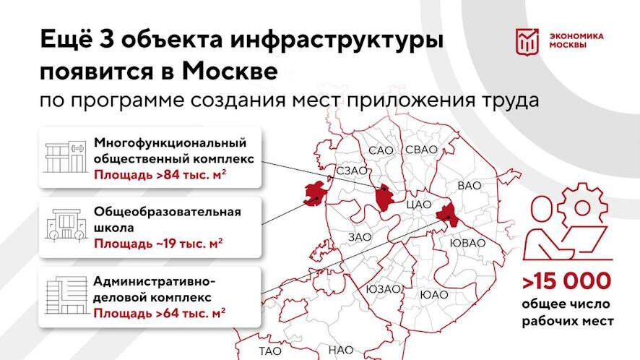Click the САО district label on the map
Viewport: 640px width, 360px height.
pyautogui.click(x=380, y=150)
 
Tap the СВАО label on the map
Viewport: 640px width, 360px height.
pyautogui.click(x=421, y=150)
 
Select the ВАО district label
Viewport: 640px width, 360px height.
pyautogui.click(x=469, y=186)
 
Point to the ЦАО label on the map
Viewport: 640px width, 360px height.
pyautogui.click(x=419, y=205)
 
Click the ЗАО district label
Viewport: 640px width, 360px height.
pyautogui.click(x=359, y=236)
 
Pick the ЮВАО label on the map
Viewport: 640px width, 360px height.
pyautogui.click(x=467, y=243)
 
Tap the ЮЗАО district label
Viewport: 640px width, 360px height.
pyautogui.click(x=383, y=289)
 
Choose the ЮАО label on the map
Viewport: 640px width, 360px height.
pyautogui.click(x=433, y=295)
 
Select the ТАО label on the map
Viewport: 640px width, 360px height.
pyautogui.click(x=269, y=351)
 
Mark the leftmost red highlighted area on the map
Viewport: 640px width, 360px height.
pyautogui.click(x=314, y=194)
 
